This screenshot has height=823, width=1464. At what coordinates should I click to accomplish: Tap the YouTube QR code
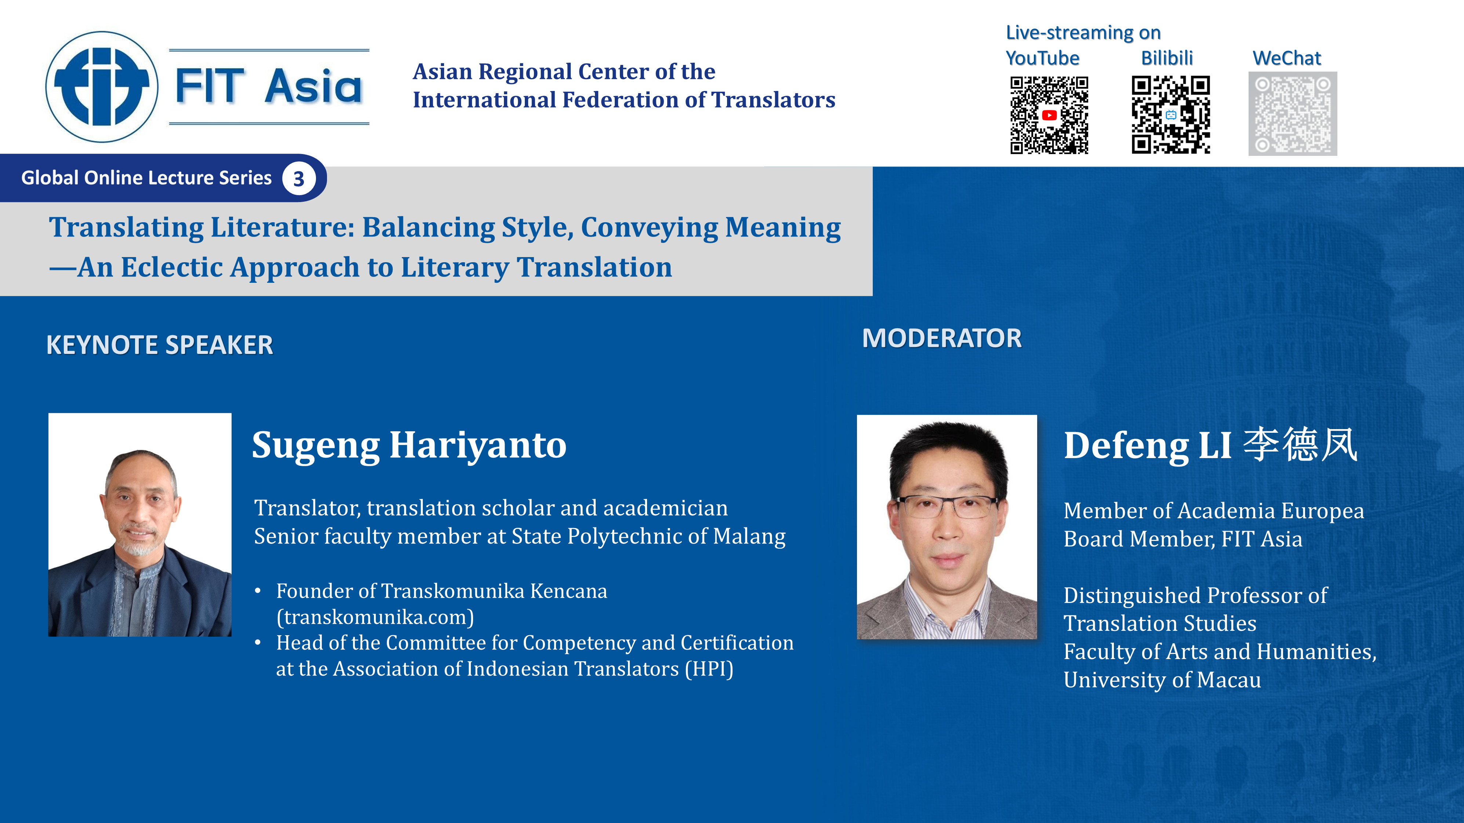[1049, 115]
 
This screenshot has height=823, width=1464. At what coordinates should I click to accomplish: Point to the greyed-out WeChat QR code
[1292, 114]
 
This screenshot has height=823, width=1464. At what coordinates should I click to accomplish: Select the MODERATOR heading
[942, 339]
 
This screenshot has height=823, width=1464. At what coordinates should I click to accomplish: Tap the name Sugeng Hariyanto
[409, 445]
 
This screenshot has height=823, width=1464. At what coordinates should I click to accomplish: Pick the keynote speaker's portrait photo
[140, 525]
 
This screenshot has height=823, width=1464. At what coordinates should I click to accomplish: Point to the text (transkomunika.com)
[375, 617]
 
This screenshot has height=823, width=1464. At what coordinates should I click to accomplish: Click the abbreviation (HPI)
[709, 669]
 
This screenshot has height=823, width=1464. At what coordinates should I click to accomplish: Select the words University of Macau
[1162, 680]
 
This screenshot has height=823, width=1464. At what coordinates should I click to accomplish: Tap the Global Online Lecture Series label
[147, 178]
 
